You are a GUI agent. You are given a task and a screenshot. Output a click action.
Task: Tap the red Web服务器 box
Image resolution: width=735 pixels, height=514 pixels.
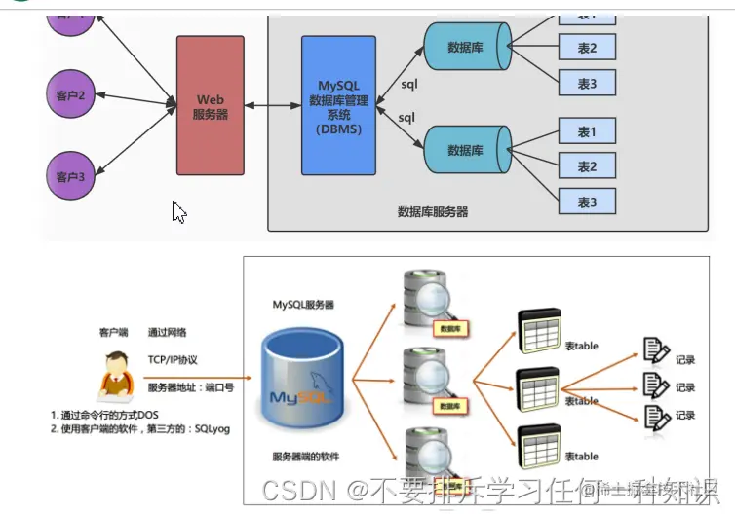click(211, 105)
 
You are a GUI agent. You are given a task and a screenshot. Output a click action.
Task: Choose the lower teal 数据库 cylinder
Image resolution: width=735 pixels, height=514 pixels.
click(465, 150)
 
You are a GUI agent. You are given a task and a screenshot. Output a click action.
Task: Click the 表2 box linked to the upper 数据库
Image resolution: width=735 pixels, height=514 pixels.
click(587, 48)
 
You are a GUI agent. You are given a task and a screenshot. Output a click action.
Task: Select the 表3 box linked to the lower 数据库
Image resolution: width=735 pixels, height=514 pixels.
click(587, 202)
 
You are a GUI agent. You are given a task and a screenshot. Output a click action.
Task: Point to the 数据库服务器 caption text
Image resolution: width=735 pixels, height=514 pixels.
click(433, 211)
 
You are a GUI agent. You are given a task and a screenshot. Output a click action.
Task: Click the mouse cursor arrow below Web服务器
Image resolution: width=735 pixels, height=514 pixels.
click(178, 211)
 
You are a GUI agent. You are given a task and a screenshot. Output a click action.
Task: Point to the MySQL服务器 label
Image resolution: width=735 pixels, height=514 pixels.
click(303, 305)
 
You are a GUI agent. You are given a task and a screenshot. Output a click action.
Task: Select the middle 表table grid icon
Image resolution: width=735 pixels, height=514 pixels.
click(538, 393)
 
